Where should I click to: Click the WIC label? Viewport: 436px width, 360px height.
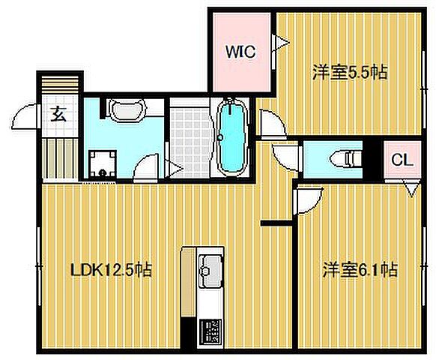point(242,52)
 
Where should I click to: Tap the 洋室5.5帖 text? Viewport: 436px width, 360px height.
point(349,73)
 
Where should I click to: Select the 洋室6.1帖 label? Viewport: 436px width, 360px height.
point(360,268)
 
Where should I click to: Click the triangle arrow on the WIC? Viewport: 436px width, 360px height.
point(282,42)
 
